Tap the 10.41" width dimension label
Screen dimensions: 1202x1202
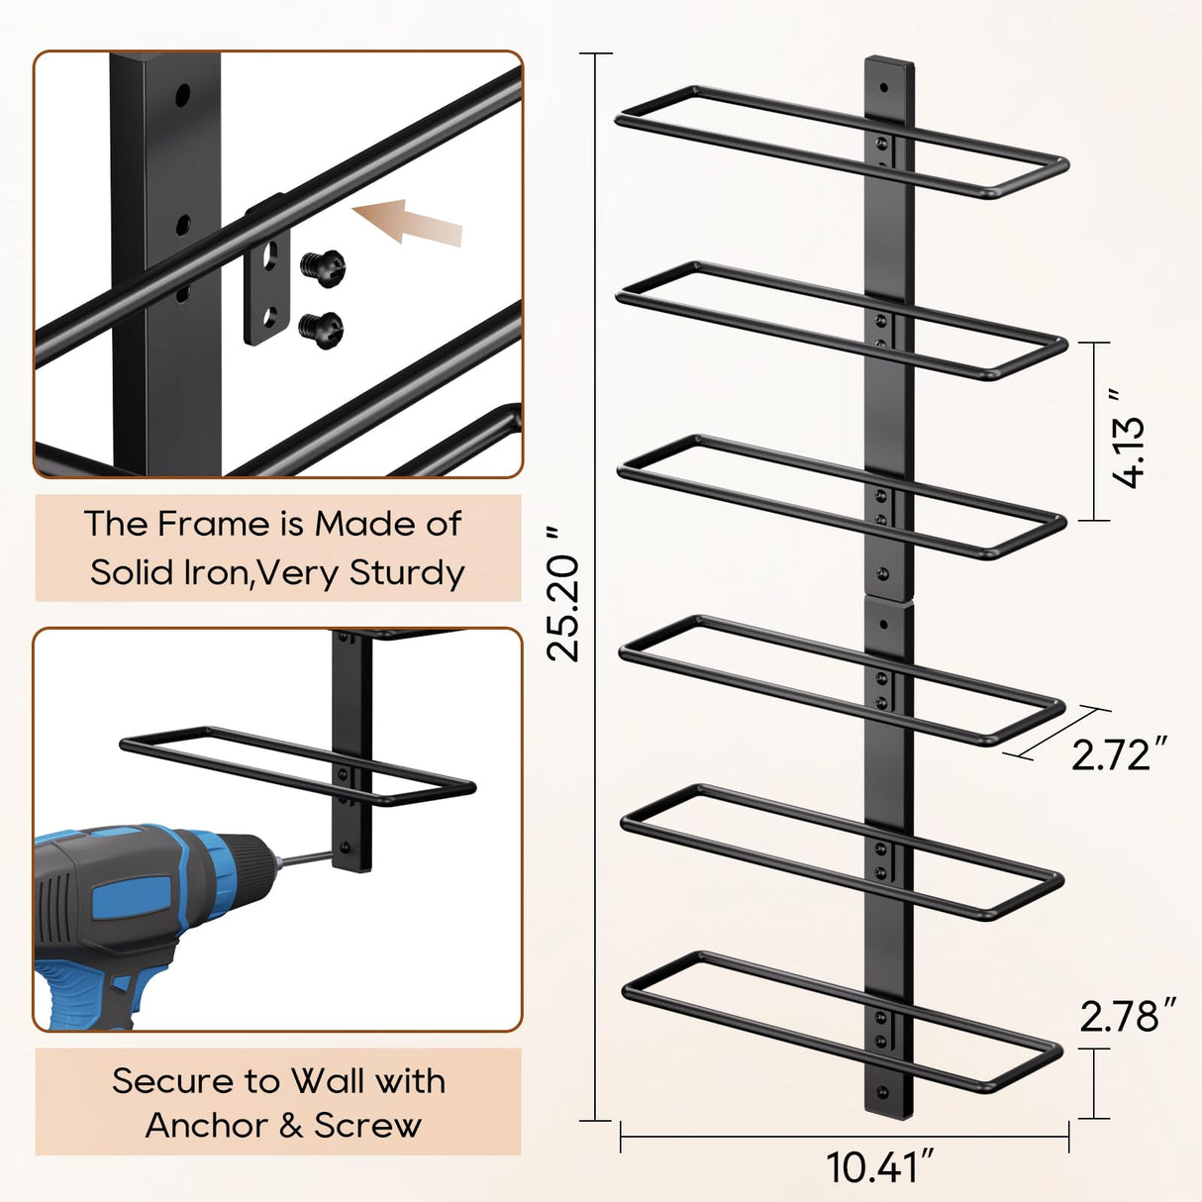(879, 1167)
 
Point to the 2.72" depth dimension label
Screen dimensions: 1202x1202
(1118, 755)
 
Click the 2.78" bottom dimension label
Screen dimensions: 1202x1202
(1127, 1017)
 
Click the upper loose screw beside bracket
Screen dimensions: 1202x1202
(323, 264)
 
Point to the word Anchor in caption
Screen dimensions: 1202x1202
(207, 1126)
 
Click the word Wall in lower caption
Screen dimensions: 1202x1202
(327, 1080)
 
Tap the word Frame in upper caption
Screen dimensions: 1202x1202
(214, 524)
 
